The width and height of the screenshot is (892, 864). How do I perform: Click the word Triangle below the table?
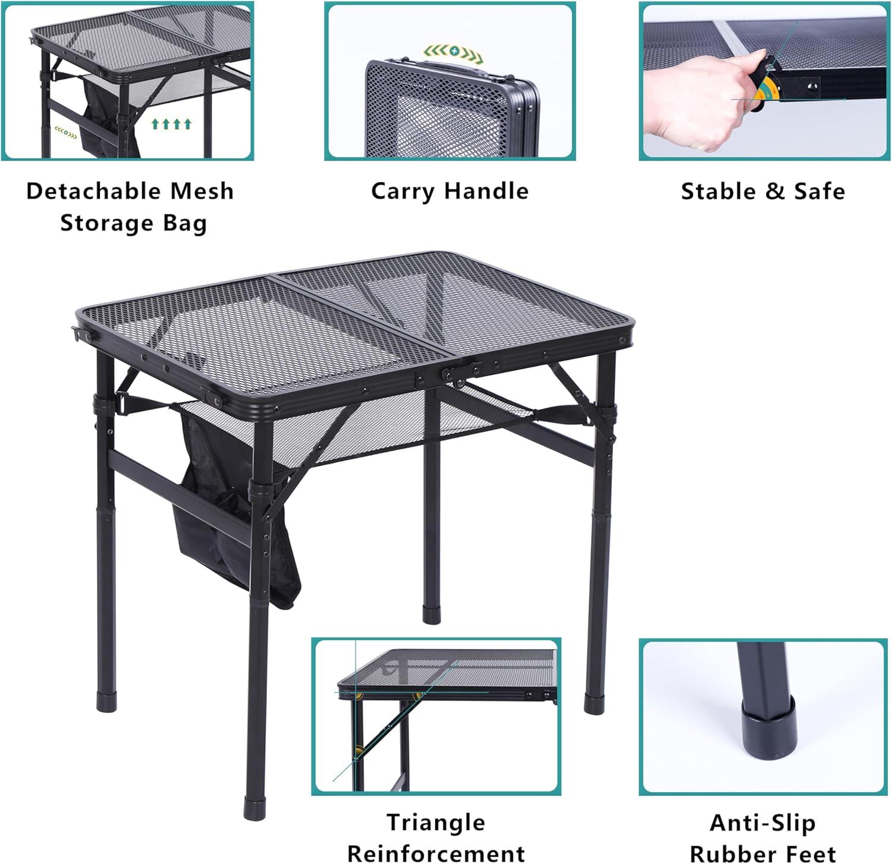point(436,822)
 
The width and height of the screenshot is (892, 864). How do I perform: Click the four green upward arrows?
point(171,124)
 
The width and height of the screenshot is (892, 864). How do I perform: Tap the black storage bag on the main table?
point(232,523)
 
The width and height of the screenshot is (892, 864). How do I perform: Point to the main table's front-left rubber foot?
point(255,808)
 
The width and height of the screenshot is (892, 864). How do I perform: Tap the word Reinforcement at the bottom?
point(436,853)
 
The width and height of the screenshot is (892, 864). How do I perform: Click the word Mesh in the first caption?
point(202,191)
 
